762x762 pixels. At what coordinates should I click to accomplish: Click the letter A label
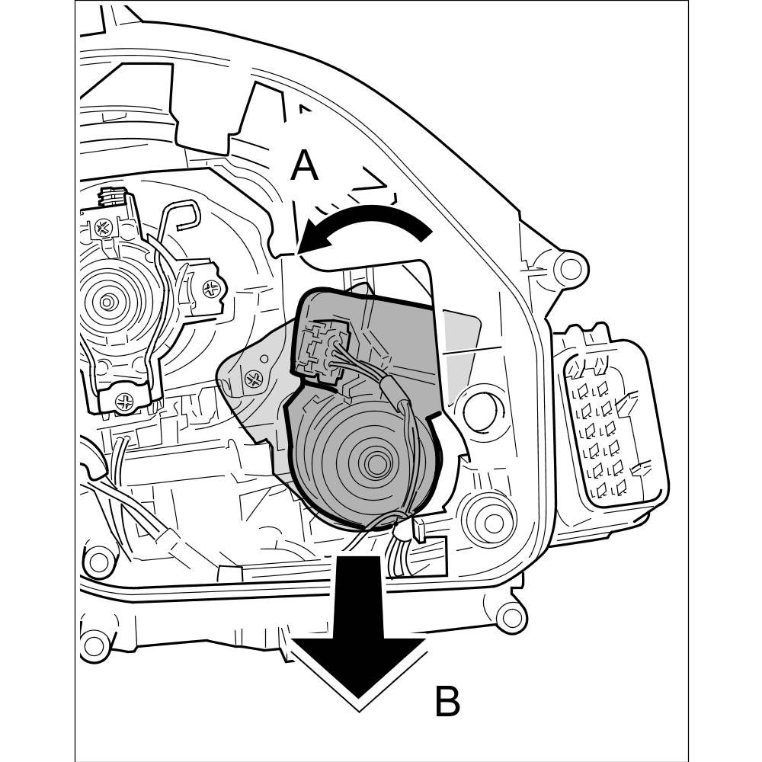pyautogui.click(x=304, y=165)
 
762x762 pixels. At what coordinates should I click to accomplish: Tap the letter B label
pyautogui.click(x=447, y=702)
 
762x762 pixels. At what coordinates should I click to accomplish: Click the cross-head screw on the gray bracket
pyautogui.click(x=252, y=376)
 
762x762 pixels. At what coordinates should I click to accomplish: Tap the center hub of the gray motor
pyautogui.click(x=376, y=462)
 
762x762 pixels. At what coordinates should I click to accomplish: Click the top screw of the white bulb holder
pyautogui.click(x=104, y=226)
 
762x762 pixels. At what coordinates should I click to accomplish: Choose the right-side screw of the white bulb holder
pyautogui.click(x=213, y=288)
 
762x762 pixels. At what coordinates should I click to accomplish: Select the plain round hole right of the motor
pyautogui.click(x=480, y=411)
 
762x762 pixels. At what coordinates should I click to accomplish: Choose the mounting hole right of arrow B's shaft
pyautogui.click(x=510, y=616)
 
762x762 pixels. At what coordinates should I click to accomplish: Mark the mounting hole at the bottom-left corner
pyautogui.click(x=94, y=647)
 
